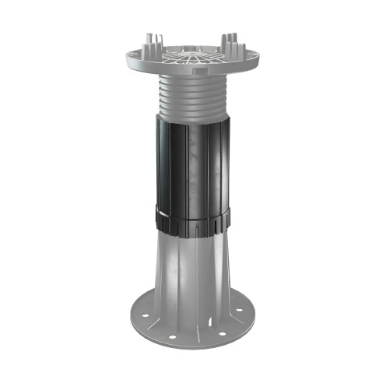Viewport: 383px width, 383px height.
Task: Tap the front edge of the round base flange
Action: (191, 346)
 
